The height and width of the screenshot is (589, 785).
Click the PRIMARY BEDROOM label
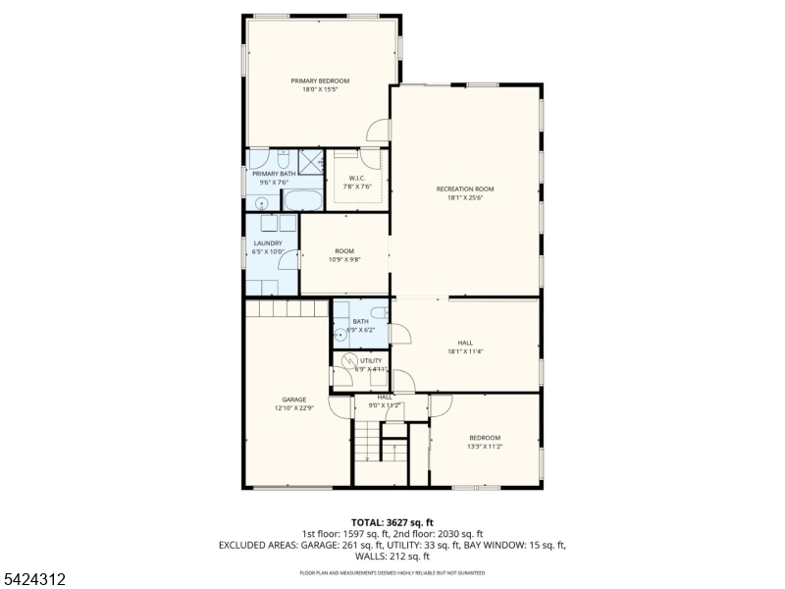click(319, 80)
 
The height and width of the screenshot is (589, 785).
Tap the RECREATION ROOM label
click(464, 188)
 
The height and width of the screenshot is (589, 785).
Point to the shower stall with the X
click(311, 161)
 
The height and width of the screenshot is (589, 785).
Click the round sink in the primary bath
click(261, 202)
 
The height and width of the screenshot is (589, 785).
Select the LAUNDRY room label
click(268, 243)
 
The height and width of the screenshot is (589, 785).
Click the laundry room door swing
click(287, 259)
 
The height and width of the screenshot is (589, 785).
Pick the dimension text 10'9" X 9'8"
click(344, 260)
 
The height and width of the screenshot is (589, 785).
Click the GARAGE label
click(294, 400)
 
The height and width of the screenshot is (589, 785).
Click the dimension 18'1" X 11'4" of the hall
click(465, 351)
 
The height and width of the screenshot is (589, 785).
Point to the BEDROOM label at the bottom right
click(484, 438)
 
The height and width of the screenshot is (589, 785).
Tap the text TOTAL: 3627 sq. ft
click(392, 522)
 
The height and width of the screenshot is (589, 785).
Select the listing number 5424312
click(34, 580)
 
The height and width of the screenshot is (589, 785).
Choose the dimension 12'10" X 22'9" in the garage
click(294, 408)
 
